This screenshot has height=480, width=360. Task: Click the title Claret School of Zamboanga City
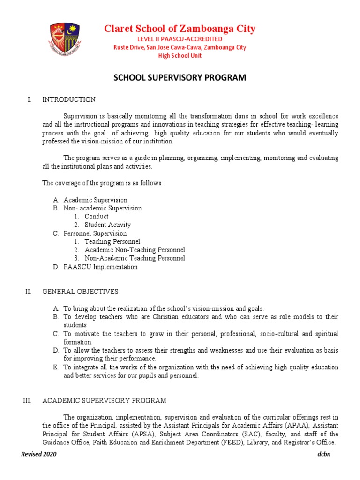point(180,29)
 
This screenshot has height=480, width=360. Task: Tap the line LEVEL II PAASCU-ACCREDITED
point(180,39)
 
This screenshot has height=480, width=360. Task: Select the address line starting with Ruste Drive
point(180,47)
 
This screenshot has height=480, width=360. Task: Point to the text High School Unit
point(180,56)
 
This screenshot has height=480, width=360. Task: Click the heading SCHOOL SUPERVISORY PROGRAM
point(180,78)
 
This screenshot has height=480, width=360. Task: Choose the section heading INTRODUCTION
point(69,99)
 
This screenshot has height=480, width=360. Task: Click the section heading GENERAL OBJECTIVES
point(80,292)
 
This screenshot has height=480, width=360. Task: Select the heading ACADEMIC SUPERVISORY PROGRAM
point(104,401)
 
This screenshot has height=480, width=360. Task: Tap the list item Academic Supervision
point(95,200)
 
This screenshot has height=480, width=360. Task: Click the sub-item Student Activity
point(107,225)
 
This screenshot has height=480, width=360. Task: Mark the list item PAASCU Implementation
point(100,267)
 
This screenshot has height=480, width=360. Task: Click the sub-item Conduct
point(96,217)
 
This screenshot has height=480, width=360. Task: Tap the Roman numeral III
point(27,401)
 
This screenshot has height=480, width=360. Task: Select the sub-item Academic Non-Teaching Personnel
point(135,250)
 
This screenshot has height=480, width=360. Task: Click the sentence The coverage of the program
point(103,183)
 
